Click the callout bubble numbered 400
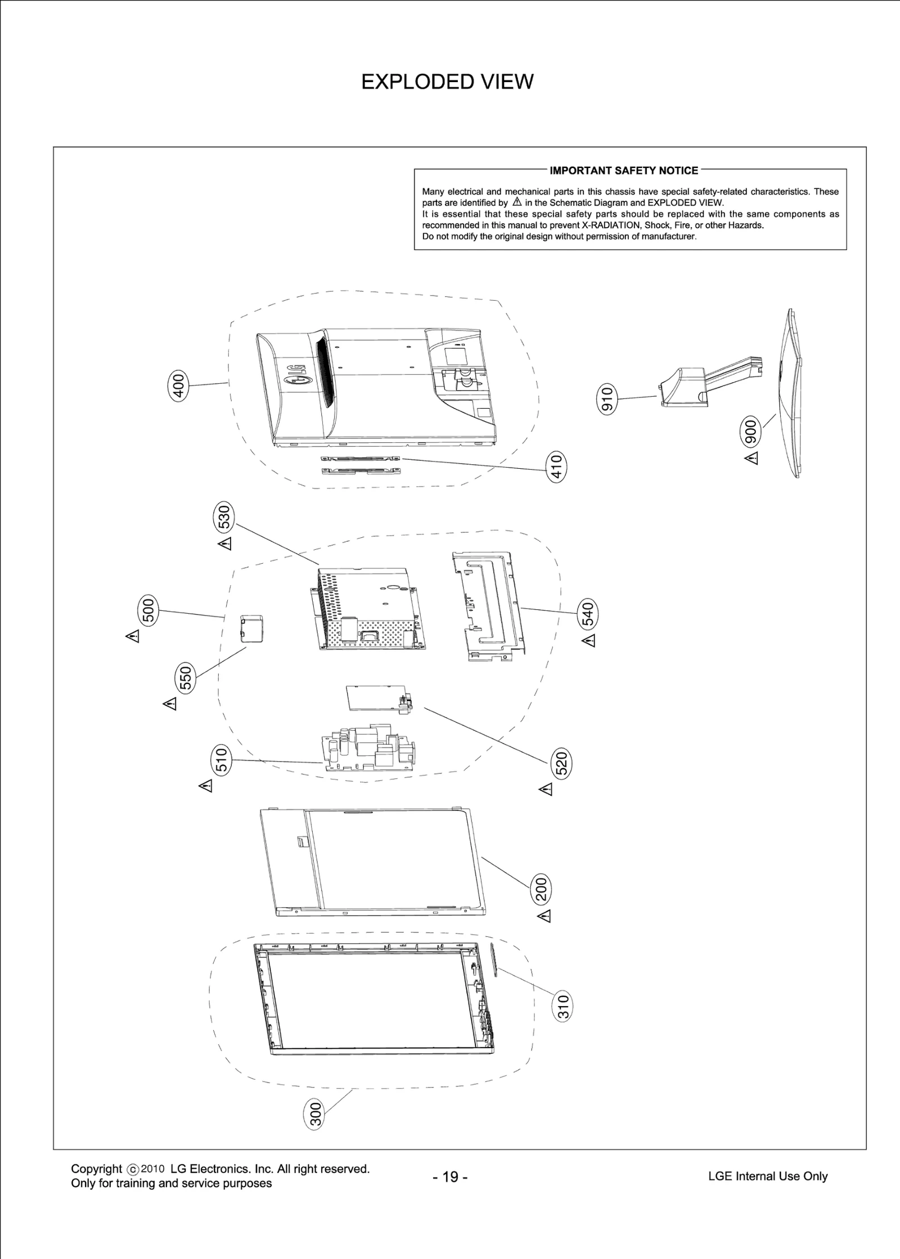(x=178, y=386)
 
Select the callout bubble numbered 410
(x=556, y=467)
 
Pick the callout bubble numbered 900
(x=750, y=431)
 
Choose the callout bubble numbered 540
(x=587, y=614)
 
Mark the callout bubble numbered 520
(x=561, y=763)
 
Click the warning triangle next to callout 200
(x=544, y=916)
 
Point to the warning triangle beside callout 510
(x=206, y=786)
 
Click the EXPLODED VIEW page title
(x=447, y=82)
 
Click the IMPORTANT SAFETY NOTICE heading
(x=623, y=170)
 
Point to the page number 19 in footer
(x=450, y=1176)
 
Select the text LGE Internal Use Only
(x=768, y=1176)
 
